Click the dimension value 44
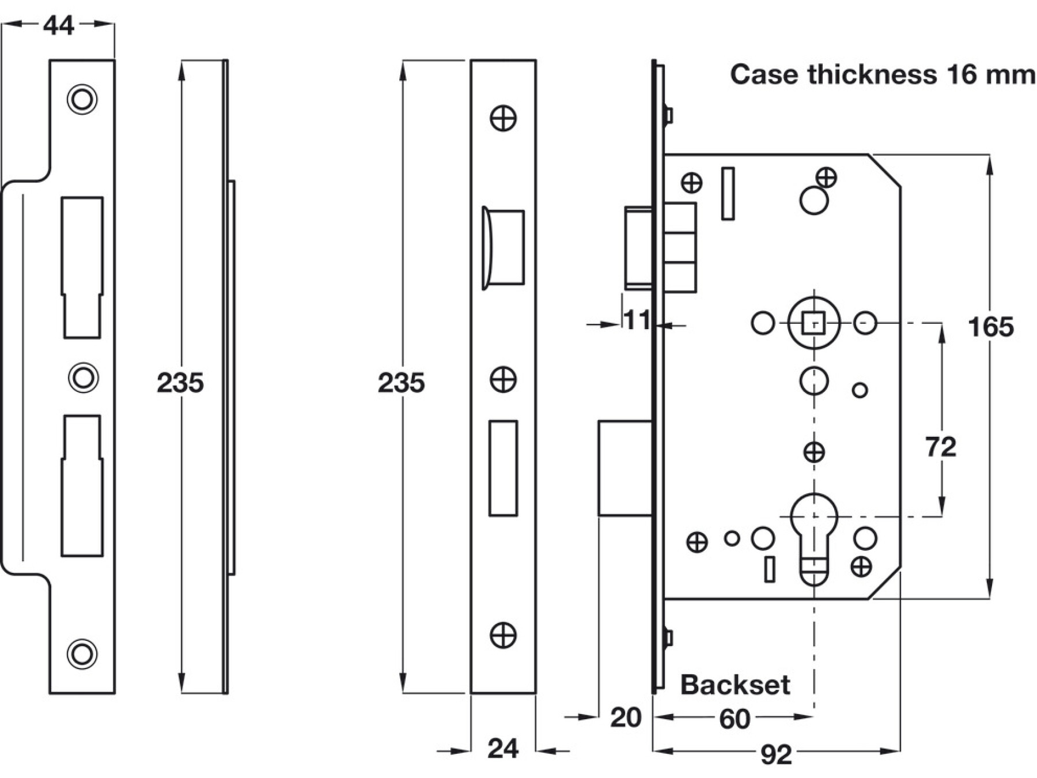59,25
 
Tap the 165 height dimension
990,327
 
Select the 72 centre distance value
940,447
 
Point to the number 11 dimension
637,320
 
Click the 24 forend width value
503,749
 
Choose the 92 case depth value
776,755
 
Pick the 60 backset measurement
735,719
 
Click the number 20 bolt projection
626,718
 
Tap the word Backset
735,685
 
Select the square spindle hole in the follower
813,323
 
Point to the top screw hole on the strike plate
82,100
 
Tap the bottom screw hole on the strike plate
82,654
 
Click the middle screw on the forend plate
503,380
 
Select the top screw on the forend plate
503,118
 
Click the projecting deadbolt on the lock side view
625,468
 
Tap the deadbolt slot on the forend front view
503,468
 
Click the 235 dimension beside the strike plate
180,383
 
